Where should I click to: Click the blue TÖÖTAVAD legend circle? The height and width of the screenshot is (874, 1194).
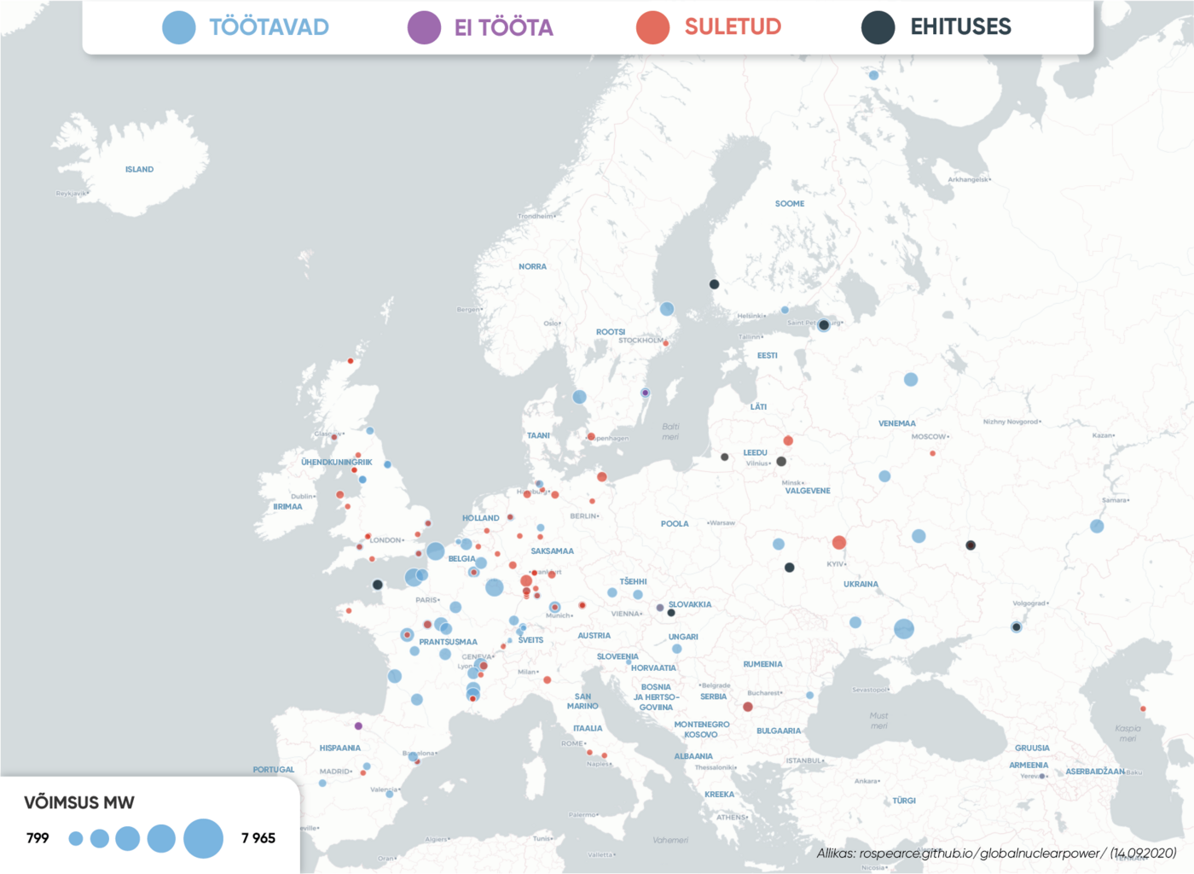179,27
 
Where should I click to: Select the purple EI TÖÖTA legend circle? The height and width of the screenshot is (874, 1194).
424,27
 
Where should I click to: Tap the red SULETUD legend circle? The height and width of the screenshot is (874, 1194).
652,27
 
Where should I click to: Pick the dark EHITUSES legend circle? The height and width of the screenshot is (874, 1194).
878,27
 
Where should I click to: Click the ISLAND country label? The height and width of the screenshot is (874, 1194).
140,170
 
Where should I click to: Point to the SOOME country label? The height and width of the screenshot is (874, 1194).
790,204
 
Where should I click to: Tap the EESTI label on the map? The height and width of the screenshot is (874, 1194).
768,356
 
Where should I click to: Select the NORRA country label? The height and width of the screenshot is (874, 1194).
532,267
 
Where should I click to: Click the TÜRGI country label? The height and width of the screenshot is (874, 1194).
904,801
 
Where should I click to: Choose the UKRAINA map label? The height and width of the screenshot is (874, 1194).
861,585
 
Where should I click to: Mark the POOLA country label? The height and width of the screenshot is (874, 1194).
675,524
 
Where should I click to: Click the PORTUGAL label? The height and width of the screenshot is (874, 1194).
274,770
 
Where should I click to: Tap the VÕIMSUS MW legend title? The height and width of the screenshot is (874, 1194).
79,802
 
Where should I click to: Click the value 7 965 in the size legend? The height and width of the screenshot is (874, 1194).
258,838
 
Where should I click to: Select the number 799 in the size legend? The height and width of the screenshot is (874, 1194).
38,838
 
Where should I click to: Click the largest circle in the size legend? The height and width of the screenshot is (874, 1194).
203,838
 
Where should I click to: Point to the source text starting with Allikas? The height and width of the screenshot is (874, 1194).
996,854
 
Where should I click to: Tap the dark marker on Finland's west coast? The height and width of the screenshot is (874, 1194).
714,284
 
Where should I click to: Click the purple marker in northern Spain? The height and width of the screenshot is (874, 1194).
358,726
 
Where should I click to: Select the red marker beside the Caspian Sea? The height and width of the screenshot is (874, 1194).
1143,708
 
